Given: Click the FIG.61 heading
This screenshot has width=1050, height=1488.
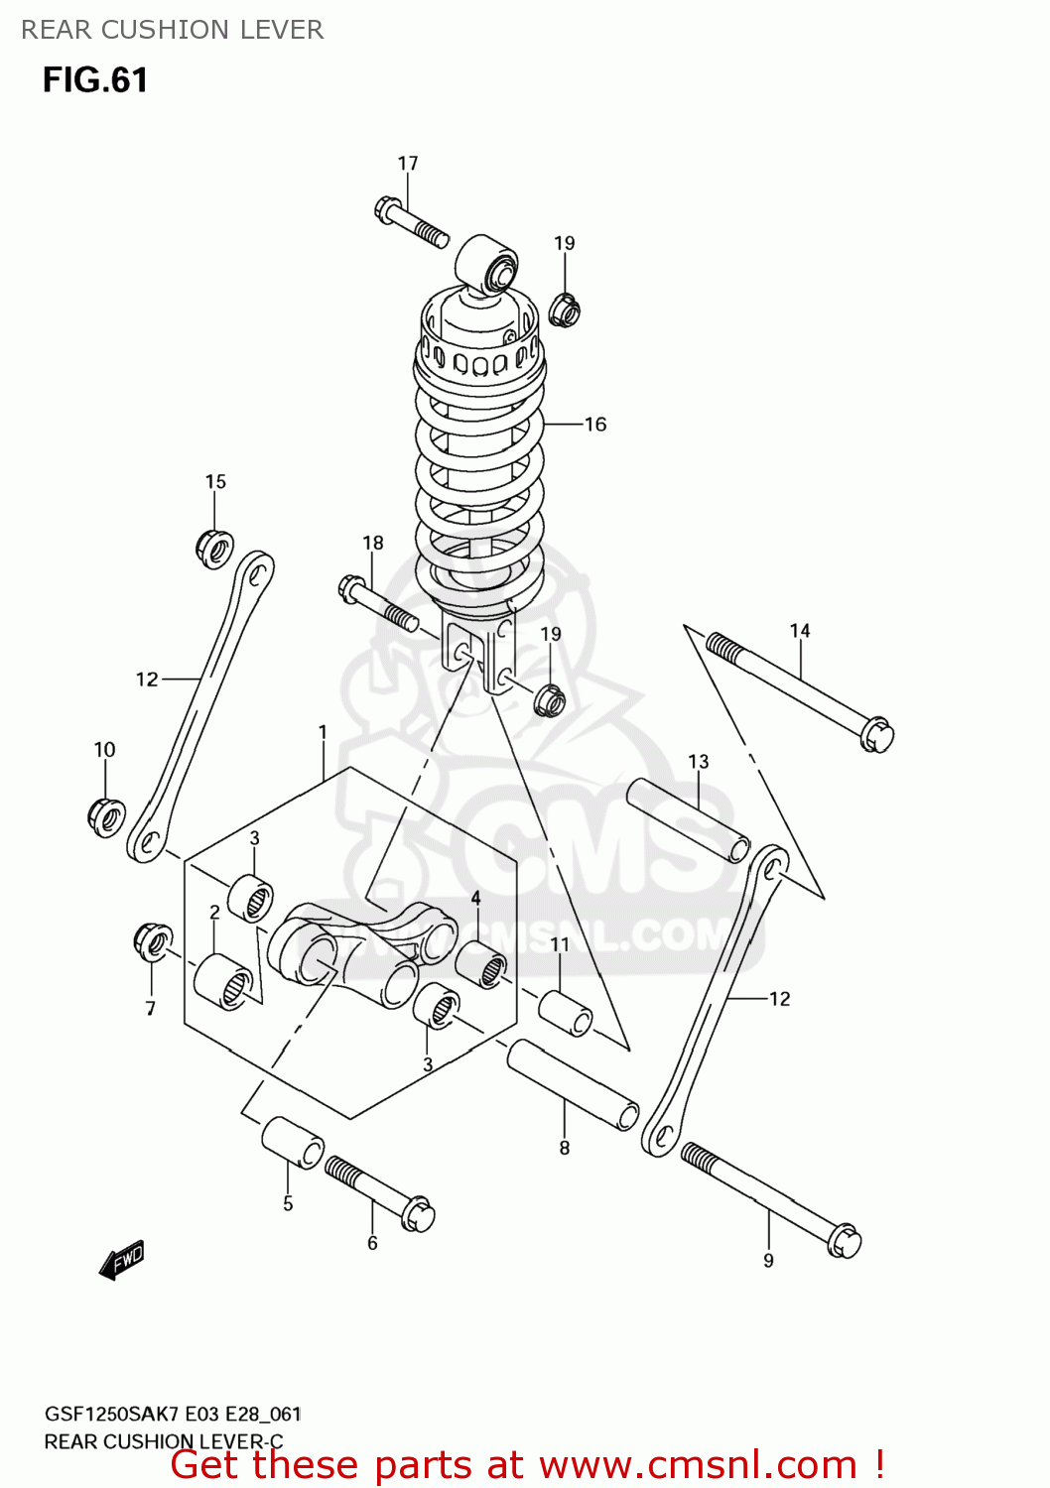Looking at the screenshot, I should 95,80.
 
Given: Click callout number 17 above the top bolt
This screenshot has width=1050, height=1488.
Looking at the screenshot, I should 408,164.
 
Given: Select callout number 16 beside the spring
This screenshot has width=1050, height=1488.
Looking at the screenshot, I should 595,425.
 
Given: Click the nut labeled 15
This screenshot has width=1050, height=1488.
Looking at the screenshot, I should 214,548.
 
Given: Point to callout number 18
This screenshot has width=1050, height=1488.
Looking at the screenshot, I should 373,543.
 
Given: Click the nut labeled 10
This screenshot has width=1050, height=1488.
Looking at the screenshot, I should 106,815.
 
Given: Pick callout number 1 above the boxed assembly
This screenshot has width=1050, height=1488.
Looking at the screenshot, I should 323,732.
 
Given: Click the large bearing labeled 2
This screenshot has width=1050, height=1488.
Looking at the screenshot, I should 223,981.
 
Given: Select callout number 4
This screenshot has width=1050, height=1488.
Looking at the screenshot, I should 475,898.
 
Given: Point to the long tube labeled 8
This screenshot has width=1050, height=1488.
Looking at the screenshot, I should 573,1084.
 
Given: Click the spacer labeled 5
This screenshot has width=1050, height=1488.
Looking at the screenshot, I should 293,1142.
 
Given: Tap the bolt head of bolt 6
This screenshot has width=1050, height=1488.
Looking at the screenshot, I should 420,1213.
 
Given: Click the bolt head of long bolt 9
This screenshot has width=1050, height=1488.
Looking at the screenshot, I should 845,1241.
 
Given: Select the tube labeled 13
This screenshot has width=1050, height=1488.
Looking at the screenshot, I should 688,819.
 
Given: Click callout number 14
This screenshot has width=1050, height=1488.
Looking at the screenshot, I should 800,631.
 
